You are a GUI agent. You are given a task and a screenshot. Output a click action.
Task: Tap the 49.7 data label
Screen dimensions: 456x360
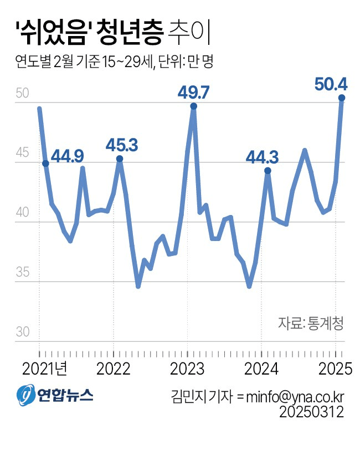click(193, 93)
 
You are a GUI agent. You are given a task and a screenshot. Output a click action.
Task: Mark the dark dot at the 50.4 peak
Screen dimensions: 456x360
click(342, 98)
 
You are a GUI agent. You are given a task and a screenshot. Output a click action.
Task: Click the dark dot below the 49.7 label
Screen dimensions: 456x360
click(193, 106)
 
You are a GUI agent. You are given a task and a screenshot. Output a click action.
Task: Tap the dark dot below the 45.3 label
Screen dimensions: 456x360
click(120, 159)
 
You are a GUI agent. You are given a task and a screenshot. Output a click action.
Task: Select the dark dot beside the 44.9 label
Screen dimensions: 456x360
click(45, 163)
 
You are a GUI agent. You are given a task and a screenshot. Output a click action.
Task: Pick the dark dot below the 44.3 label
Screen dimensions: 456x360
click(268, 171)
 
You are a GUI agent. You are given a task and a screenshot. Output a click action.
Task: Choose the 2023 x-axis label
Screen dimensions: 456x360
click(186, 368)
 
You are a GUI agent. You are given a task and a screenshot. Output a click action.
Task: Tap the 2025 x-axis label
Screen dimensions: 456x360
click(334, 368)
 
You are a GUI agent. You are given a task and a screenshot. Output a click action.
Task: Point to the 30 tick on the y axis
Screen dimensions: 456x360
click(22, 332)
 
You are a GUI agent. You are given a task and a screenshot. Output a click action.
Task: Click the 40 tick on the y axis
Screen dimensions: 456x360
click(22, 213)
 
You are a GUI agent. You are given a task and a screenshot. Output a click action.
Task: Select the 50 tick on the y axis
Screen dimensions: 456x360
click(22, 93)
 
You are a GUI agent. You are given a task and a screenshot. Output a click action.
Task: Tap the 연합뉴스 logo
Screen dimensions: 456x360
click(55, 394)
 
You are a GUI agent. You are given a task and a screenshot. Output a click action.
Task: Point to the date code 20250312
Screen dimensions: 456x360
click(312, 412)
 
